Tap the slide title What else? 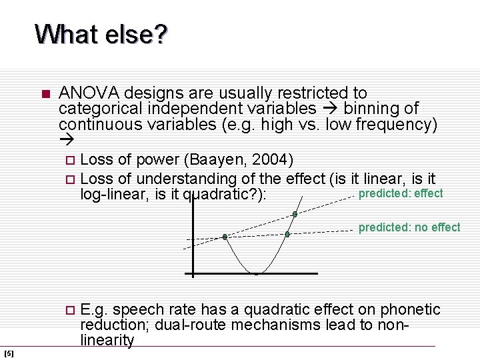[x=101, y=34]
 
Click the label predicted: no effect [x=409, y=227]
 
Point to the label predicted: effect [x=401, y=193]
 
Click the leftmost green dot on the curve [x=225, y=237]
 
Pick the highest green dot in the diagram [x=295, y=214]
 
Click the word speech [x=135, y=309]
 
